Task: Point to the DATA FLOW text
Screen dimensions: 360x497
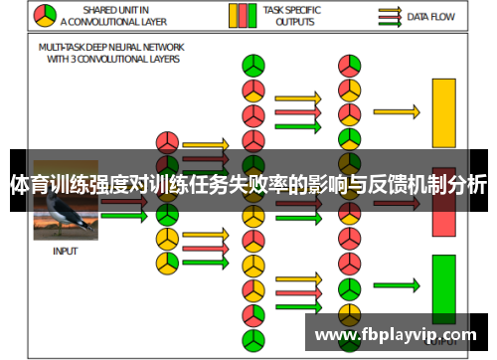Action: tap(430, 16)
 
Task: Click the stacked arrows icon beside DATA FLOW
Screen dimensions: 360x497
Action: tap(391, 16)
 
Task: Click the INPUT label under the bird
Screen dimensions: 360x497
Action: tap(65, 252)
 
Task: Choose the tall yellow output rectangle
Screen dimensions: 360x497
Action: tap(443, 111)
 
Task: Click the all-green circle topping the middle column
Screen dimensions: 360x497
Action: tap(253, 66)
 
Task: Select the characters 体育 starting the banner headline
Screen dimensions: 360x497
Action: tap(28, 184)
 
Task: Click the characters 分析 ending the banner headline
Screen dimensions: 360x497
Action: tap(466, 184)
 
